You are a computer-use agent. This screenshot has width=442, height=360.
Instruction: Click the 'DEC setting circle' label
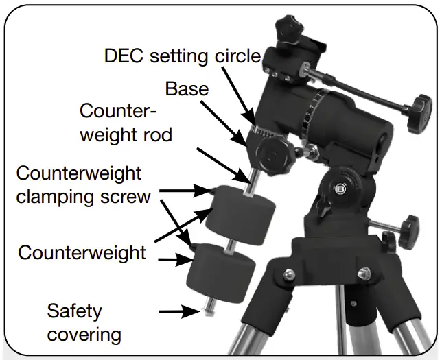pos(182,56)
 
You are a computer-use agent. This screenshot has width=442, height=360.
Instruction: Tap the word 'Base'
pos(187,89)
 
